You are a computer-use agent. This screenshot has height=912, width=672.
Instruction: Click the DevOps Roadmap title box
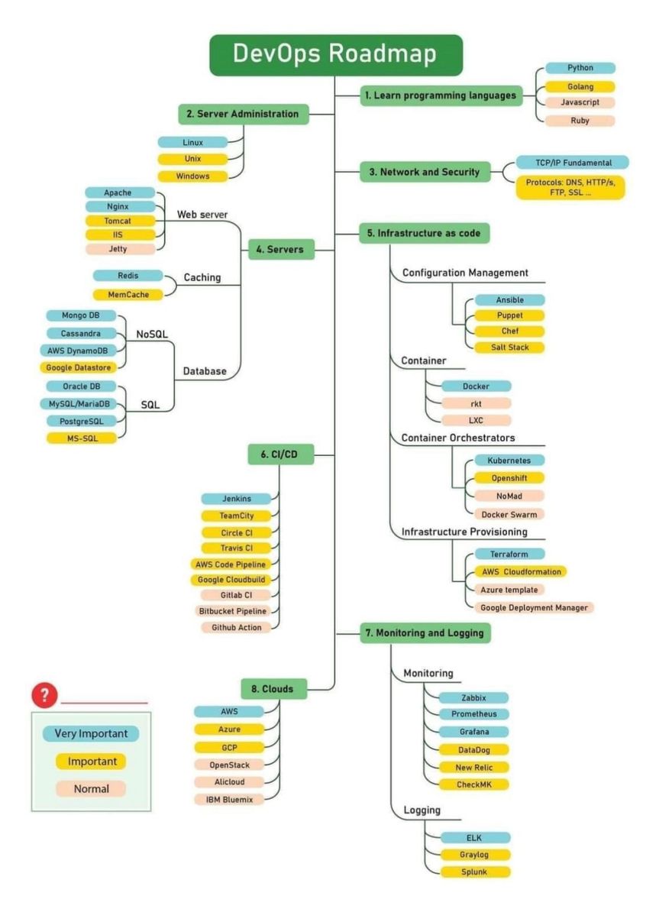coord(336,55)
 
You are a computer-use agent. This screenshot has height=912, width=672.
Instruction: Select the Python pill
coord(580,68)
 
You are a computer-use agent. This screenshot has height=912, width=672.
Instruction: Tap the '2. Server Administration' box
coord(244,114)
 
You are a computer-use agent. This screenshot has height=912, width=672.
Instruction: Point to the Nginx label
coord(118,206)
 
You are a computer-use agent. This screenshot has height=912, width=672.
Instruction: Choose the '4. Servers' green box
coord(281,249)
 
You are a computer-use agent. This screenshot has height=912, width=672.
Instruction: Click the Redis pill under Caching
coord(128,275)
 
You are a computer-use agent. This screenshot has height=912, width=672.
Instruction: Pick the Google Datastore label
coord(79,367)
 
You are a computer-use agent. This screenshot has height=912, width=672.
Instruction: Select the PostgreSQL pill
coord(82,421)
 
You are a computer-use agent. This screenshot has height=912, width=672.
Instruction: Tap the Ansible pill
coord(509,300)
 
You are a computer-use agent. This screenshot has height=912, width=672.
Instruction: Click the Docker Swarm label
coord(509,514)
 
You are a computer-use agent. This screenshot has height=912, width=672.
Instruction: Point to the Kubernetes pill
coord(509,461)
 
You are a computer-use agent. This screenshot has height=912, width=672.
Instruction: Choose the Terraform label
coord(509,554)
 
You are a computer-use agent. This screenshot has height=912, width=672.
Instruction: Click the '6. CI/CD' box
coord(281,454)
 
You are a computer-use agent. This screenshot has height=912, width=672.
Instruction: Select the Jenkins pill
coord(236,499)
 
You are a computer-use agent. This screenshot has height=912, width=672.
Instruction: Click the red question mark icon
coord(45,694)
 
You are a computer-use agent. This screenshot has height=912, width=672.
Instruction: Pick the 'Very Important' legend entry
coord(91,733)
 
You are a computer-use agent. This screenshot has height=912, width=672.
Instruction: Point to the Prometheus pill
coord(473,714)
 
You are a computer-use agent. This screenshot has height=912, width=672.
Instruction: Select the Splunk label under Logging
coord(475,872)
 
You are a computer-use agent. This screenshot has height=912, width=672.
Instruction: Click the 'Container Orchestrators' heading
coord(458,438)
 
